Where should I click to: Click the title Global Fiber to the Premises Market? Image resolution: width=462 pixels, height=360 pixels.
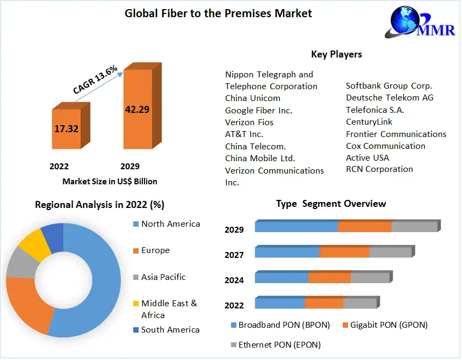tap(218, 13)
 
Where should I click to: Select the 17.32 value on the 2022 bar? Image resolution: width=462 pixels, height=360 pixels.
tap(66, 129)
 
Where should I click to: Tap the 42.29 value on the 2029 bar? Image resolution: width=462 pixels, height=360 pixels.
tap(137, 109)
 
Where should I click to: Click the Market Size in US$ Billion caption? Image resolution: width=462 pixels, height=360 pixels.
tap(110, 181)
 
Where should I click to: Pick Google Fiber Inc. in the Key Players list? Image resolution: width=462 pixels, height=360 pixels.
tap(258, 110)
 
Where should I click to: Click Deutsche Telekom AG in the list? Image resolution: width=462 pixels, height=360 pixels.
tap(389, 98)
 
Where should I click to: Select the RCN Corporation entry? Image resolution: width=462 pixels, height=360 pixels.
tap(379, 169)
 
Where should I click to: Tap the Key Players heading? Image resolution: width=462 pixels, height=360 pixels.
tap(336, 54)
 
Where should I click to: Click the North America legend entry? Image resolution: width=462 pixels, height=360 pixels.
tap(170, 224)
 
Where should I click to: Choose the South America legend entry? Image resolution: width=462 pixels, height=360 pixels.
tap(170, 330)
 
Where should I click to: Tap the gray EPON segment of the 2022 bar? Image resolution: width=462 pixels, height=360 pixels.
tap(359, 304)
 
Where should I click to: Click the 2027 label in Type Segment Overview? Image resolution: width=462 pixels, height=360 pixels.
tap(234, 255)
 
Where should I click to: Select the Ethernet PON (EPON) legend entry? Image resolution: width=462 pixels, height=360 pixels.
tap(279, 345)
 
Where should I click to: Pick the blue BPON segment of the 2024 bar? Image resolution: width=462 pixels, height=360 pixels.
tap(281, 278)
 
